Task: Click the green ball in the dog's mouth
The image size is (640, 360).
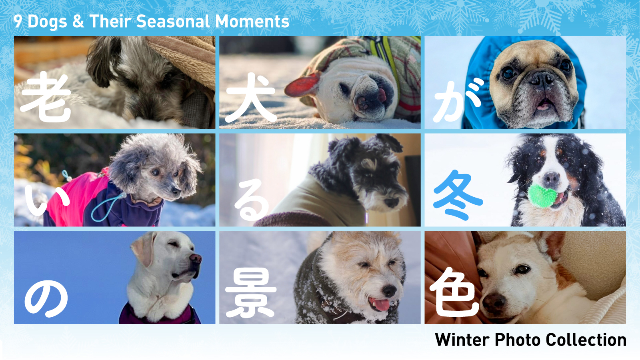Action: [542, 196]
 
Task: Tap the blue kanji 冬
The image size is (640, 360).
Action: [458, 195]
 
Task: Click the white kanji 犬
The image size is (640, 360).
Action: [251, 97]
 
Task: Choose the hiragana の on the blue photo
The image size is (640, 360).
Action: [46, 298]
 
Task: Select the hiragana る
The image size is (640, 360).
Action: [252, 200]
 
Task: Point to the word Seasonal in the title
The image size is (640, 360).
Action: [173, 22]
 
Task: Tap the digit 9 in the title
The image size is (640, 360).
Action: [18, 22]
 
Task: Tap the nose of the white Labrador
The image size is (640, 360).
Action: [196, 258]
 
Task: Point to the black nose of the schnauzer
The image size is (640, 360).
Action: [392, 202]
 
